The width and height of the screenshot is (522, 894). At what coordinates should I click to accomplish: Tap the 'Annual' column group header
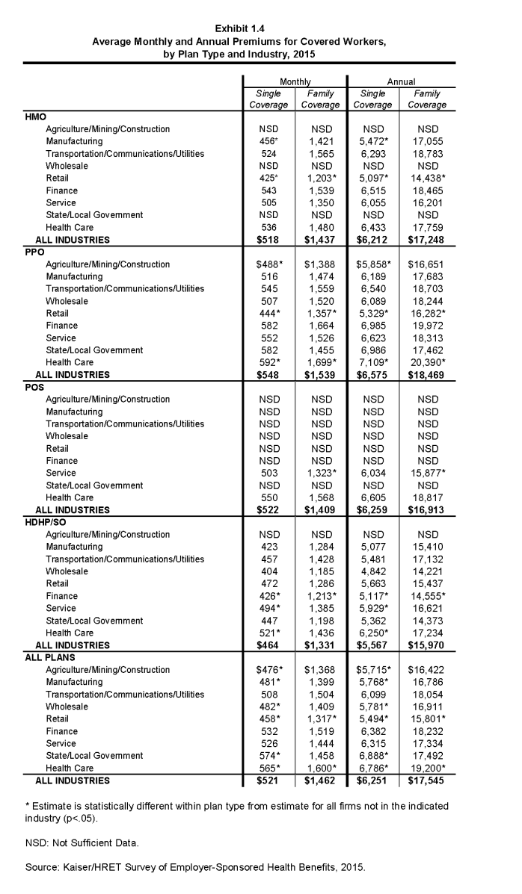(x=401, y=81)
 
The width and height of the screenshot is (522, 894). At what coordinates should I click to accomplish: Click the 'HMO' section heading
(x=36, y=117)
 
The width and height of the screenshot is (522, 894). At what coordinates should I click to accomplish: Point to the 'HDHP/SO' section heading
(x=45, y=522)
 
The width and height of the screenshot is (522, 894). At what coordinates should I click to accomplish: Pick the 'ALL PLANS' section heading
(x=48, y=657)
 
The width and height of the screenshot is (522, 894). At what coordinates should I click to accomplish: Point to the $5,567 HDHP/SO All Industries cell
(x=372, y=645)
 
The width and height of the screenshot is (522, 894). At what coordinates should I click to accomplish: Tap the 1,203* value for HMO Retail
(x=322, y=179)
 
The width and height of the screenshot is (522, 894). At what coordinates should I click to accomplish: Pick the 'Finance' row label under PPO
(x=61, y=326)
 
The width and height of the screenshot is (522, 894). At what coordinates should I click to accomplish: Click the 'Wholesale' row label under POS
(x=67, y=436)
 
